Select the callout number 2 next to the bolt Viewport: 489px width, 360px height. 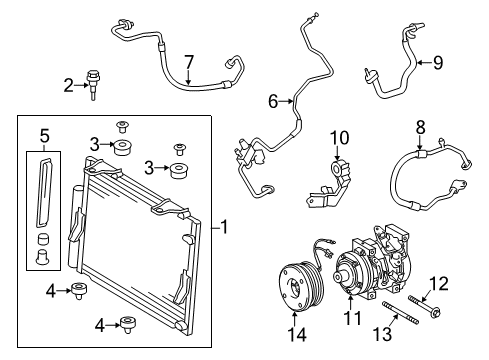click(x=68, y=86)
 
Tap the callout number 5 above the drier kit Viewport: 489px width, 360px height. click(x=42, y=135)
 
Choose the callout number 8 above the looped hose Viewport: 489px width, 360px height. click(x=419, y=129)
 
